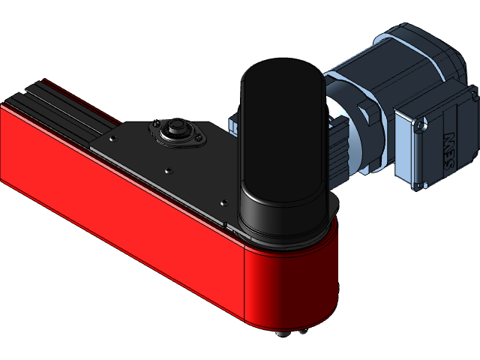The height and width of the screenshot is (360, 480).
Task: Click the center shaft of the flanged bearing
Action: click(x=178, y=126)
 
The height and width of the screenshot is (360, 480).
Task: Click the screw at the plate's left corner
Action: click(x=112, y=139)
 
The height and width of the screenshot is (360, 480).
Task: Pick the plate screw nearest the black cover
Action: click(x=222, y=200)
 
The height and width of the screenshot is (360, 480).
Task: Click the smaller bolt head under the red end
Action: click(x=303, y=331)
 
